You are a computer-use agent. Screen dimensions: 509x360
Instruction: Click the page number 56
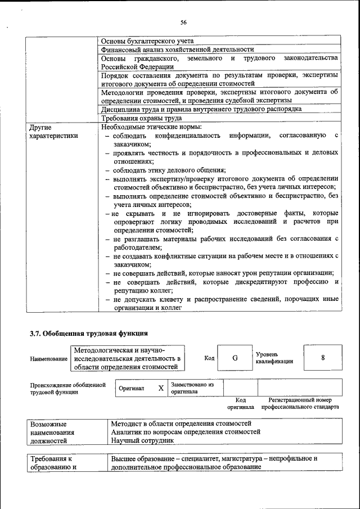183,22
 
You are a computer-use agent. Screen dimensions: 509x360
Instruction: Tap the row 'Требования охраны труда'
141,118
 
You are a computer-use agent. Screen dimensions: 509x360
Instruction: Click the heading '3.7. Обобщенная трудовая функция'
89,333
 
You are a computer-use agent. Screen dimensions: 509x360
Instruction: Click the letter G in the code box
235,358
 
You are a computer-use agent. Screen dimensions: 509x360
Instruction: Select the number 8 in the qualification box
323,358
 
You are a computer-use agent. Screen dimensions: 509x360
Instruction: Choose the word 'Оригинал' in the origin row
132,388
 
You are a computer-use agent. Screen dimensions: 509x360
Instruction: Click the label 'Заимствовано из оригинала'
192,388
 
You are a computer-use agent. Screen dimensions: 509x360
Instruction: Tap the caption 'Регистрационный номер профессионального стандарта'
304,403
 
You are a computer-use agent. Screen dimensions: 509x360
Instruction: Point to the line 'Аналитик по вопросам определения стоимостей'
186,432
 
